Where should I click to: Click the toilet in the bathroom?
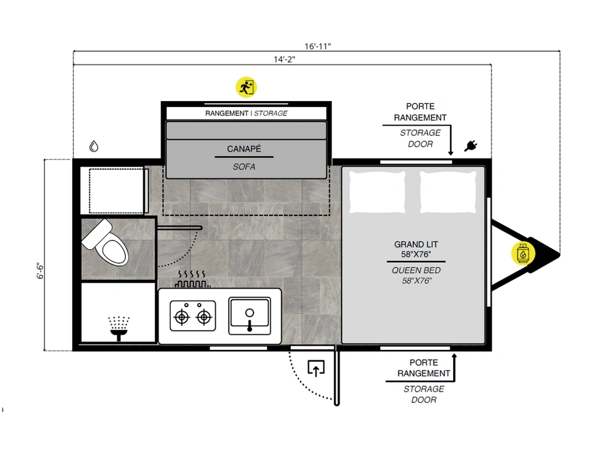point(105,243)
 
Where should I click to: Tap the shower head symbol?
point(119,328)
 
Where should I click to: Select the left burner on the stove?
point(182,317)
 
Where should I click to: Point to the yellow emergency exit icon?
point(246,87)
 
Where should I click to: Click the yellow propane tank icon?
point(523,254)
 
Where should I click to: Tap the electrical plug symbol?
point(471,146)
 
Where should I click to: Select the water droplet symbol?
point(94,146)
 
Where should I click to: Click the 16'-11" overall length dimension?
point(318,46)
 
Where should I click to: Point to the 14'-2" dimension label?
point(284,60)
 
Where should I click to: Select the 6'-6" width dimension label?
point(40,271)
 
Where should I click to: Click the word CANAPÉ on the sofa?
point(244,149)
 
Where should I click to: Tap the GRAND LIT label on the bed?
point(416,244)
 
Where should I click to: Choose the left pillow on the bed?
point(377,192)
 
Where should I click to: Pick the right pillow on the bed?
point(448,192)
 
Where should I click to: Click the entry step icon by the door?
point(316,369)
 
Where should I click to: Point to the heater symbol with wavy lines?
point(192,279)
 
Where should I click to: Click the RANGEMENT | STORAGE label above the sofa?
point(246,113)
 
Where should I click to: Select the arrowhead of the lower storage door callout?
point(454,356)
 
